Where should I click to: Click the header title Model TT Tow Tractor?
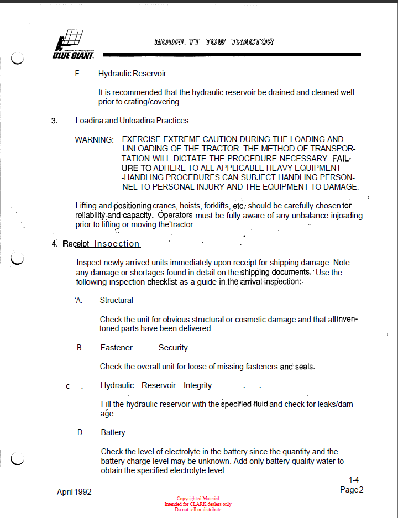tap(214, 42)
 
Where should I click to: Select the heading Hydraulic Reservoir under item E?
tap(132, 74)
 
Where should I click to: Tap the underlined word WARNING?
tap(95, 139)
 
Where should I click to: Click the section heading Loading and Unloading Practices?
tap(132, 121)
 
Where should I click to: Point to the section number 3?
tap(54, 121)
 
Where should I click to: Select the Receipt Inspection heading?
tap(101, 244)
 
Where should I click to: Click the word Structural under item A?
tap(116, 300)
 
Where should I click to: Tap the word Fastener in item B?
tap(116, 348)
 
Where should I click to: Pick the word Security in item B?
tap(173, 348)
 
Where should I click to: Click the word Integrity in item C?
tap(197, 385)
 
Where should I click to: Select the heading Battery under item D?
tap(113, 432)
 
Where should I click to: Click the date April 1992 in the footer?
tap(74, 492)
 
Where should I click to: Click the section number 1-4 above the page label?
tap(354, 480)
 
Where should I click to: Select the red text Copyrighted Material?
tap(197, 499)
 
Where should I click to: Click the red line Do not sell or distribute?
tap(197, 510)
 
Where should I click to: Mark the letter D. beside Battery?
tap(81, 432)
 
